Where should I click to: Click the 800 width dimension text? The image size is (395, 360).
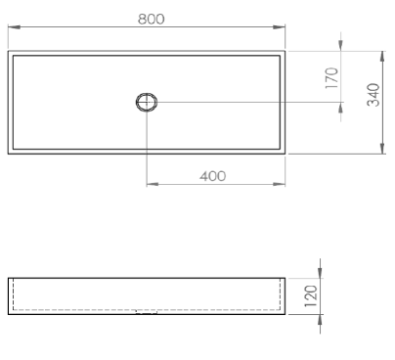pos(152,20)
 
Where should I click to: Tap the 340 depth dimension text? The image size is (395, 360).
pos(373,95)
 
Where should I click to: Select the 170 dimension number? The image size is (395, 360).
pos(331,78)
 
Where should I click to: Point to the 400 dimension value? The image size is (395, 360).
pos(213,176)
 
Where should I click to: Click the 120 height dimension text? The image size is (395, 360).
pos(311,296)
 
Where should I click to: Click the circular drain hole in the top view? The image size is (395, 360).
pos(147,102)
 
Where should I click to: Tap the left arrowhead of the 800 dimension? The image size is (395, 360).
pos(14,27)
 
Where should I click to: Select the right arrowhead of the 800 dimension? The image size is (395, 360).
pos(279,27)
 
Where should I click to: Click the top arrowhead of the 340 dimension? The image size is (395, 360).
pos(382,57)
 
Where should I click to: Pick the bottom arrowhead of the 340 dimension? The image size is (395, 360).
pos(382,148)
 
